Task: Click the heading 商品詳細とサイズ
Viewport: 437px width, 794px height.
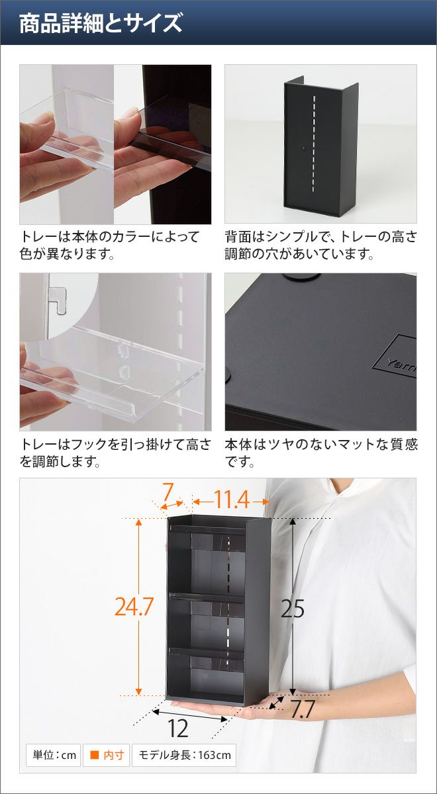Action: pos(101,23)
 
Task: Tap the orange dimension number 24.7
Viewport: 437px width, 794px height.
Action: pos(134,607)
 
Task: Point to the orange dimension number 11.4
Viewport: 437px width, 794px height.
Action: pos(232,500)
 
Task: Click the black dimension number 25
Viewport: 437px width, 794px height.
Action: pos(293,609)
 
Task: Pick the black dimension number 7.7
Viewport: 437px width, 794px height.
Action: pos(303,709)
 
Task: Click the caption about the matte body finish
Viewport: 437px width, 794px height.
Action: pos(321,453)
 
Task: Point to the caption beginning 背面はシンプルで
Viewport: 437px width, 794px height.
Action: pos(320,245)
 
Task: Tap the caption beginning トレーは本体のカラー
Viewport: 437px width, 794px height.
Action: pos(109,245)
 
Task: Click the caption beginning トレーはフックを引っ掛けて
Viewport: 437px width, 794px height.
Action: pos(115,453)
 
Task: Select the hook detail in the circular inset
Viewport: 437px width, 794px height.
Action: pos(58,300)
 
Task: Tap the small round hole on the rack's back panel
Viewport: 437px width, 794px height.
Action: pos(304,146)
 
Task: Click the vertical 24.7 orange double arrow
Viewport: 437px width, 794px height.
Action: pos(138,606)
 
